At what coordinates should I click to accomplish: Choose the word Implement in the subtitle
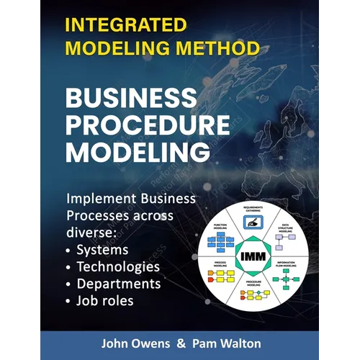click(101, 199)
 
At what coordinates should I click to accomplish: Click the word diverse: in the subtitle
click(89, 233)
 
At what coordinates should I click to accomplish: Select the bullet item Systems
click(102, 250)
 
